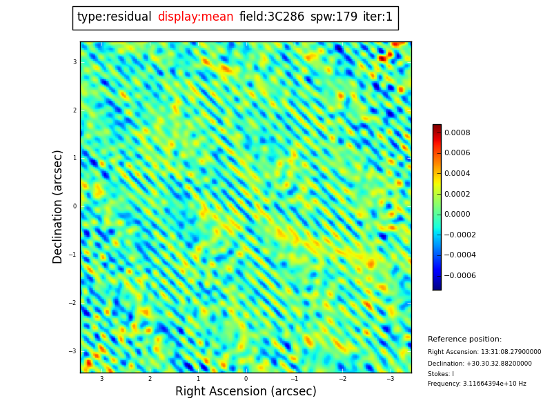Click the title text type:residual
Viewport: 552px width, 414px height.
point(114,17)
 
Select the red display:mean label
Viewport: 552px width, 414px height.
point(195,17)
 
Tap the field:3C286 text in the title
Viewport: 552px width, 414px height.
point(271,17)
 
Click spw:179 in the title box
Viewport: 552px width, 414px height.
point(333,17)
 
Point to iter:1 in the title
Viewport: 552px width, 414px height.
point(377,17)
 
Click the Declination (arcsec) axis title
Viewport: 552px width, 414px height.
point(59,206)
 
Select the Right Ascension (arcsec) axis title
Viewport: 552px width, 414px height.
point(246,392)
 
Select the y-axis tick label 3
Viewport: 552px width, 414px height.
point(75,62)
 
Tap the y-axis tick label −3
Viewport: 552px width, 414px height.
point(73,351)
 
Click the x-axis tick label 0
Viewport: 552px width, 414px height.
point(246,379)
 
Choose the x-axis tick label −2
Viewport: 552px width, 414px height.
point(342,379)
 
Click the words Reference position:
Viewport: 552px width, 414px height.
point(464,339)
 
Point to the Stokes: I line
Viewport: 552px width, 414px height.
point(440,374)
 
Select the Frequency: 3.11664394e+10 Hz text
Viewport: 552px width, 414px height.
point(476,384)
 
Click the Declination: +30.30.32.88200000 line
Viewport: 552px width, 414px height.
point(480,364)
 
